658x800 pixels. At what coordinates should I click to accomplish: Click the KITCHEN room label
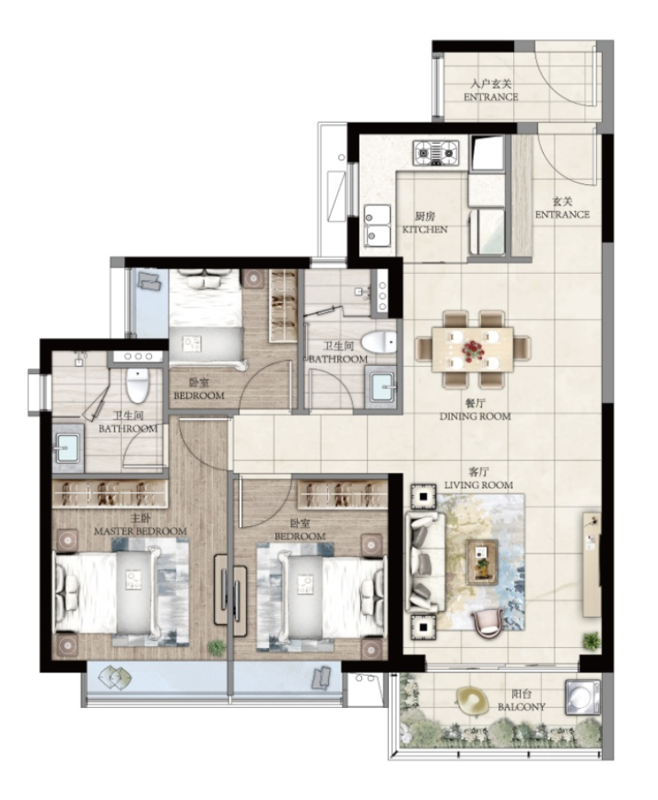click(x=424, y=229)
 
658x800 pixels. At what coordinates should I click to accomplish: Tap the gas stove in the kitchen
click(x=436, y=153)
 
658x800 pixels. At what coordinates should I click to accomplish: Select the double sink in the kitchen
click(x=378, y=225)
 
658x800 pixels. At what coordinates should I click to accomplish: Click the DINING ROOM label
click(x=475, y=416)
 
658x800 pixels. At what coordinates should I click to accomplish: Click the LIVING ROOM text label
click(x=479, y=485)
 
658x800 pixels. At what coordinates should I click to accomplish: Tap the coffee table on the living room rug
click(x=481, y=562)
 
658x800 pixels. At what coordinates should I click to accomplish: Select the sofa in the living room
click(x=424, y=562)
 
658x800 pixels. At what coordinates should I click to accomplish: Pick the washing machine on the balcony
click(x=582, y=696)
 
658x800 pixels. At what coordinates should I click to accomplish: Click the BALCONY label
click(x=521, y=707)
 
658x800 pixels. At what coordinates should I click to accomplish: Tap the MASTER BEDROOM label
click(x=140, y=531)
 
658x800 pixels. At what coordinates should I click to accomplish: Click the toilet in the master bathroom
click(x=137, y=385)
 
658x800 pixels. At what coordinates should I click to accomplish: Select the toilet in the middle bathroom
click(x=378, y=342)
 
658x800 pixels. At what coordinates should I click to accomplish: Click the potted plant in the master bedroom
click(x=216, y=647)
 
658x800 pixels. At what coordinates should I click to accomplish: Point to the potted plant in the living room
click(x=591, y=640)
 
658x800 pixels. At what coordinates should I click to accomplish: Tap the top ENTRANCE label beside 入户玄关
click(x=490, y=96)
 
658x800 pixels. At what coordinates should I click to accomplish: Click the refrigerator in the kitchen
click(x=488, y=152)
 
